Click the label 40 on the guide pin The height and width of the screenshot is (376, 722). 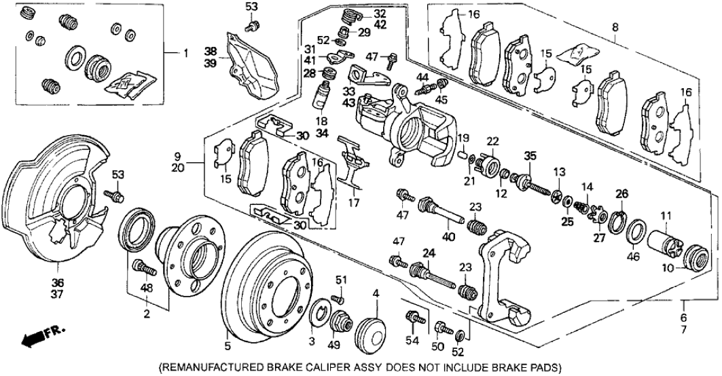pos(446,237)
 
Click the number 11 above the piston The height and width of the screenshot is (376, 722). pos(666,217)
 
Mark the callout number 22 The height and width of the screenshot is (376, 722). pos(492,140)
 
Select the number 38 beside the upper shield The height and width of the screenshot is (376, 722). pos(211,51)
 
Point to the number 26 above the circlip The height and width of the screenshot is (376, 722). pos(620,195)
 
